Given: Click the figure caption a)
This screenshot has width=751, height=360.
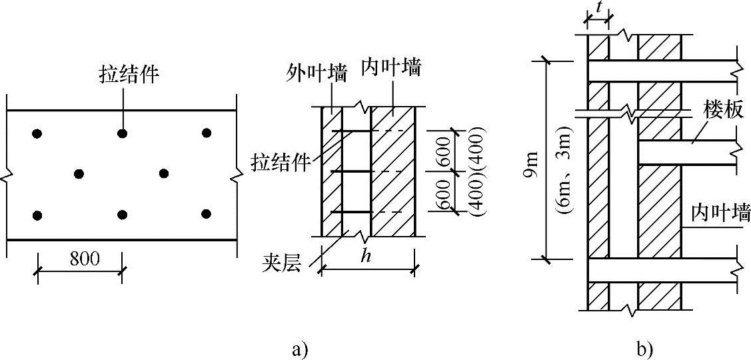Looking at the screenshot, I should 299,348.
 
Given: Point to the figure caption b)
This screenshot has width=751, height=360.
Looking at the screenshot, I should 644,348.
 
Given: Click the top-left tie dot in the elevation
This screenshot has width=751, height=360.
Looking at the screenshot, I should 37,134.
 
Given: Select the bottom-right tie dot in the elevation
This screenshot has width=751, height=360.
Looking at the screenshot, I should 206,214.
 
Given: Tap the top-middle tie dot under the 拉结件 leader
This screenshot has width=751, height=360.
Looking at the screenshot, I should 122,134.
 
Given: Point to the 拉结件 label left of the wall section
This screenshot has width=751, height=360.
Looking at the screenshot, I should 280,161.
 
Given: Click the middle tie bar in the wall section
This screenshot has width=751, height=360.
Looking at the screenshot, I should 352,172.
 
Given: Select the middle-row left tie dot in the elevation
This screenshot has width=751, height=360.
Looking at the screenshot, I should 79,174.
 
